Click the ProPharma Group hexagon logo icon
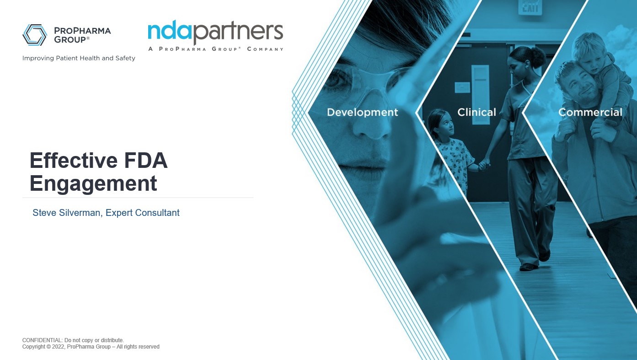pos(35,35)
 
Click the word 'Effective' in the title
pos(73,161)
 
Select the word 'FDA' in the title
pos(146,161)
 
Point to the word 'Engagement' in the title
pos(93,183)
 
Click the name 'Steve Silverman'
pos(67,213)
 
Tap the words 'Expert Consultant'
pos(143,213)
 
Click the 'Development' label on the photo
pos(362,113)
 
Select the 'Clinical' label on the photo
pos(476,112)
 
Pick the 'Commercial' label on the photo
pos(590,112)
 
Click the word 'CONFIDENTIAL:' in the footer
pos(43,340)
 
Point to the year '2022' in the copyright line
pos(58,347)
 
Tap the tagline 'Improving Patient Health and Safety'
pos(79,58)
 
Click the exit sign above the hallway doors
pos(530,7)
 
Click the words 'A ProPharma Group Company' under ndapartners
pos(215,49)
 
